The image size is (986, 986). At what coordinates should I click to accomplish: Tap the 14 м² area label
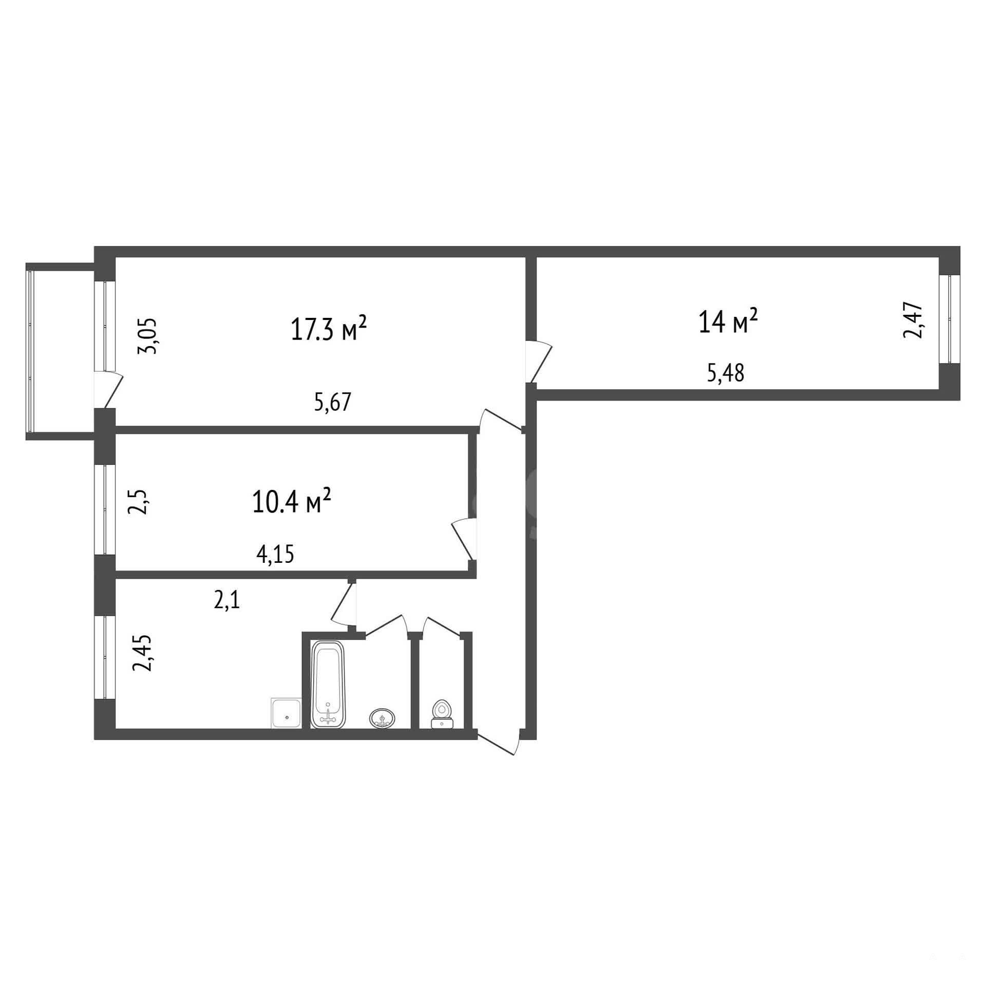tap(728, 321)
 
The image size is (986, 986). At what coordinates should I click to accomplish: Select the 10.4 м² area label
tap(291, 501)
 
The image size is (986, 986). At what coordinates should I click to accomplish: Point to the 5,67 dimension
tap(333, 402)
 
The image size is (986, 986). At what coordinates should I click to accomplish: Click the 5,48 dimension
tap(726, 373)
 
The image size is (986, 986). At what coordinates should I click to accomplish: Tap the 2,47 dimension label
tap(913, 321)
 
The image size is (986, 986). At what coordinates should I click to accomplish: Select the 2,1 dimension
tap(227, 599)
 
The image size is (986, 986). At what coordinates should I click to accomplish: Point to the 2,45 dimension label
tap(142, 653)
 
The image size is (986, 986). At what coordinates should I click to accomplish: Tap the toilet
tap(442, 714)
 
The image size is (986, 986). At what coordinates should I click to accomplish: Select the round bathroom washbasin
tap(382, 717)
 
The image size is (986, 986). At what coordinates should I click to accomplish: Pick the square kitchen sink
tap(287, 713)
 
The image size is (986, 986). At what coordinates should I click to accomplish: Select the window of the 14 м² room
tap(950, 319)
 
